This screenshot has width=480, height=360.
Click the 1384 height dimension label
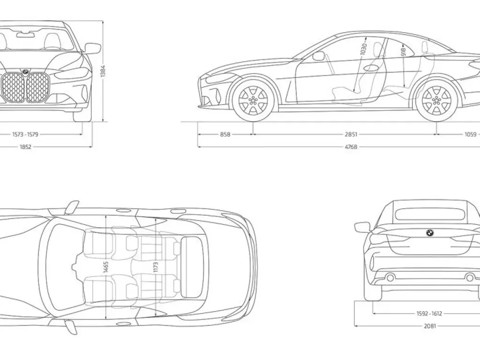(x=103, y=70)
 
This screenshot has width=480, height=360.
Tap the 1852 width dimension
(x=25, y=147)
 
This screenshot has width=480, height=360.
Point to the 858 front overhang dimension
(x=225, y=135)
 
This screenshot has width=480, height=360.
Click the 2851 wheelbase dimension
(x=351, y=135)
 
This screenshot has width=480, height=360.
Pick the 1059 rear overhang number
(x=470, y=135)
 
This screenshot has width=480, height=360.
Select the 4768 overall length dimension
(x=351, y=147)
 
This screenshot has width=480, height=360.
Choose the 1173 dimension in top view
(x=156, y=267)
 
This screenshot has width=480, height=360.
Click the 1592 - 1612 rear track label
(x=429, y=314)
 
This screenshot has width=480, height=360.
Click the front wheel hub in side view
(x=253, y=100)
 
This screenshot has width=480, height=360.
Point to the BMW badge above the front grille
(x=25, y=72)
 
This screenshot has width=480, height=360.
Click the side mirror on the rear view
(x=362, y=227)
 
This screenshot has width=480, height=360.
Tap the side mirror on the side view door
(x=319, y=56)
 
